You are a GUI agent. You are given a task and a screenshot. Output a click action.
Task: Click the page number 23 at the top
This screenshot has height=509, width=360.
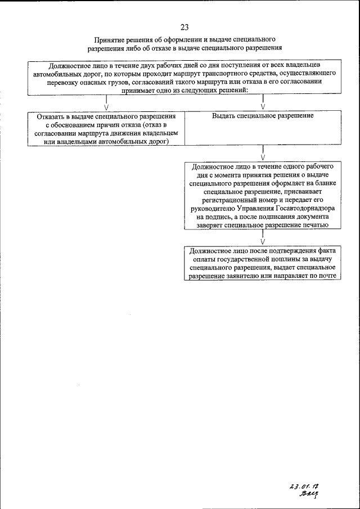click(185, 26)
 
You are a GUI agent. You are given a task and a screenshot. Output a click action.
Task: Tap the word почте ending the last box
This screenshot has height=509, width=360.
click(327, 276)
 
